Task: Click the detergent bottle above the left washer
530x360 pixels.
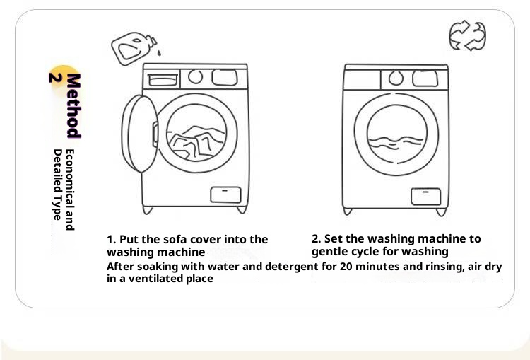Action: click(x=134, y=48)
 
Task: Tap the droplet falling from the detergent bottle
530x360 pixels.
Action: click(x=159, y=52)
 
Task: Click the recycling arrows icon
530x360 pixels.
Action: click(x=468, y=35)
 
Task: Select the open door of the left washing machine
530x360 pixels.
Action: click(x=140, y=134)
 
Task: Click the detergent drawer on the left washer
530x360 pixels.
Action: click(x=163, y=80)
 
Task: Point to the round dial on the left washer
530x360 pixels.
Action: click(x=195, y=77)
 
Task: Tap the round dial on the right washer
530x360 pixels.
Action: click(x=396, y=79)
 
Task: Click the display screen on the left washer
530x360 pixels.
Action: click(x=225, y=78)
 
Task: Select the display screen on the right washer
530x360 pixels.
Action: click(x=425, y=79)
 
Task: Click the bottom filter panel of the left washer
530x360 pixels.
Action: click(x=226, y=194)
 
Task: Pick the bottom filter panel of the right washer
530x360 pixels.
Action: click(x=426, y=197)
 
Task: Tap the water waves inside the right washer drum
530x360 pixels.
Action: click(x=396, y=142)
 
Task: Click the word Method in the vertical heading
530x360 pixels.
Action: click(x=73, y=105)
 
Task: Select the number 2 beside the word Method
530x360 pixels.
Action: click(x=55, y=78)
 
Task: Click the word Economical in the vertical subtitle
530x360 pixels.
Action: click(x=69, y=180)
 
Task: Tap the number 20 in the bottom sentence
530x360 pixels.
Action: click(x=346, y=267)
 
